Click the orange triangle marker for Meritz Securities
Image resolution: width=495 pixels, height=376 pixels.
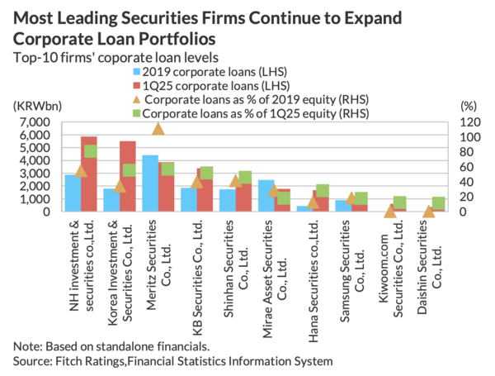[x=158, y=127]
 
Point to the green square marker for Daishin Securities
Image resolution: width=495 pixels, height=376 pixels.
[x=438, y=202]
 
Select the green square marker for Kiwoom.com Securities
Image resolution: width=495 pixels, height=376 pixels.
[x=400, y=202]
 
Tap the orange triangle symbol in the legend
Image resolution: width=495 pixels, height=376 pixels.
[x=137, y=98]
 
